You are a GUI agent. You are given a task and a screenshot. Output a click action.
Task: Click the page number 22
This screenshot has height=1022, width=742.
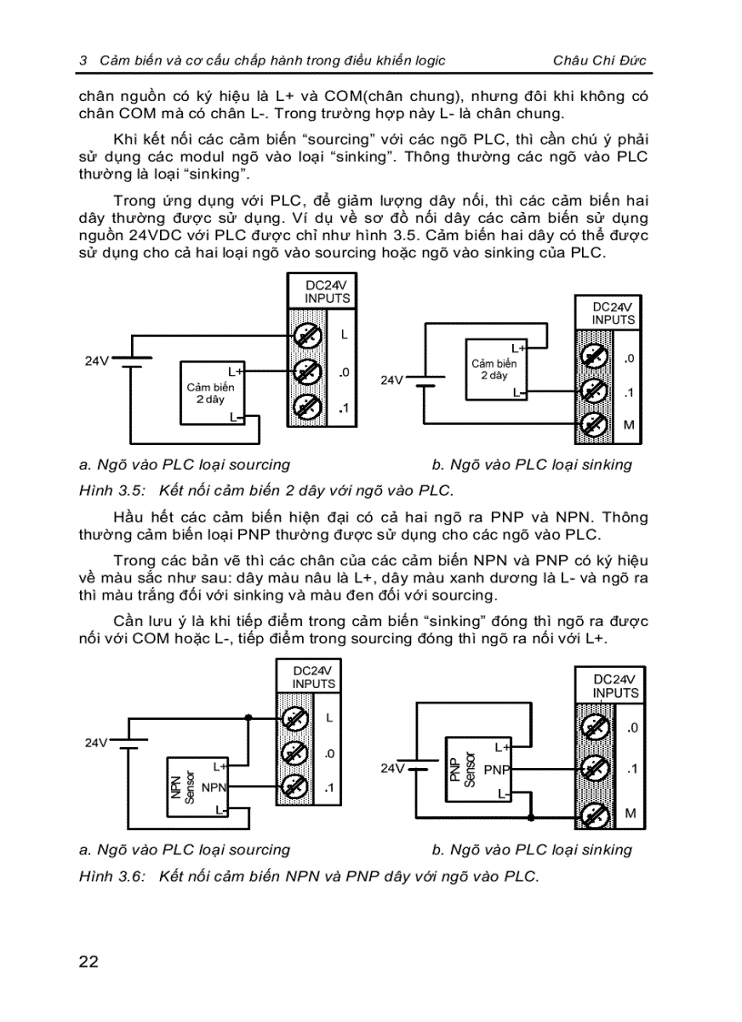pos(88,961)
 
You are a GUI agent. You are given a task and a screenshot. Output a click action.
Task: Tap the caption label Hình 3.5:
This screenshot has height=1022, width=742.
pos(108,491)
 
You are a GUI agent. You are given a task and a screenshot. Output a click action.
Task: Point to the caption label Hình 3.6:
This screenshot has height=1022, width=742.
pos(108,876)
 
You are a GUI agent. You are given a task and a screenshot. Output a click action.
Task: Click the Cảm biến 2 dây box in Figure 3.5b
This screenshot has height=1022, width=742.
pos(496,369)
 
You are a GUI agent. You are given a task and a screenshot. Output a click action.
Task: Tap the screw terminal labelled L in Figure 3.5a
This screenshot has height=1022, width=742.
pos(307,336)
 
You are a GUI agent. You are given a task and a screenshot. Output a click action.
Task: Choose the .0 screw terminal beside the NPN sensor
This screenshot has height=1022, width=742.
pos(294,754)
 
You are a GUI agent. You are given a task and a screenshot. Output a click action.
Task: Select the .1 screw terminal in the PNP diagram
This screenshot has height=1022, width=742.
pos(593,770)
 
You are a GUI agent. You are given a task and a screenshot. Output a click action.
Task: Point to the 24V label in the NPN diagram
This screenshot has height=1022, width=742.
pos(96,743)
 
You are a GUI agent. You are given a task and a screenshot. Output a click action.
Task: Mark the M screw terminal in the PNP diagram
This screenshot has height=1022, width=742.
pos(593,813)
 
